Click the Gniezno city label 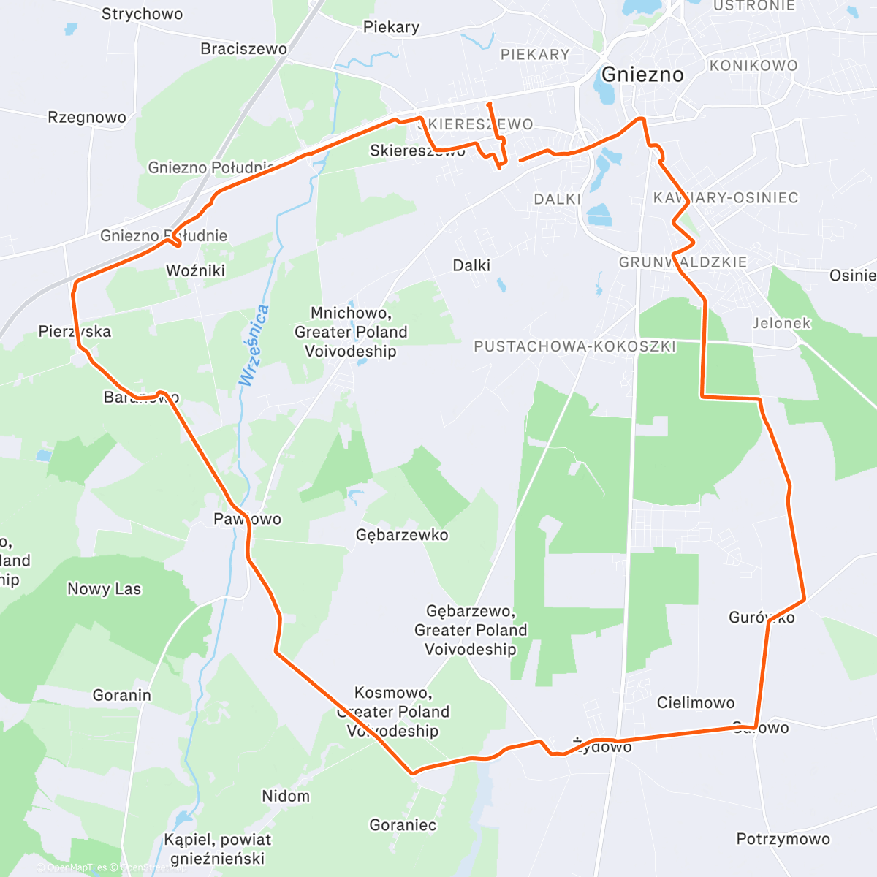coord(642,75)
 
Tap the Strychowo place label coord(142,14)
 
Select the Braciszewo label coord(243,49)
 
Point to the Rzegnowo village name coord(87,118)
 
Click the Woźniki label coord(195,271)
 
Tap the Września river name coord(254,345)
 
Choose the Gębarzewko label coord(402,535)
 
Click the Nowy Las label coord(104,589)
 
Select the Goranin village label coord(122,695)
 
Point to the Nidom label coord(286,796)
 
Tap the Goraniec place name coord(403,825)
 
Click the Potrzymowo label coord(783,839)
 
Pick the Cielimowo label coord(696,703)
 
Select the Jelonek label coord(782,323)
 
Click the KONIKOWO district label coord(753,66)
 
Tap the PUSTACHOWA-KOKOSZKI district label coord(574,346)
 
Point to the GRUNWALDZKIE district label coord(683,262)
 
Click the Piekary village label coord(391,28)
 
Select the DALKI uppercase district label coord(557,200)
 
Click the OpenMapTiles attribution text coord(77,867)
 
